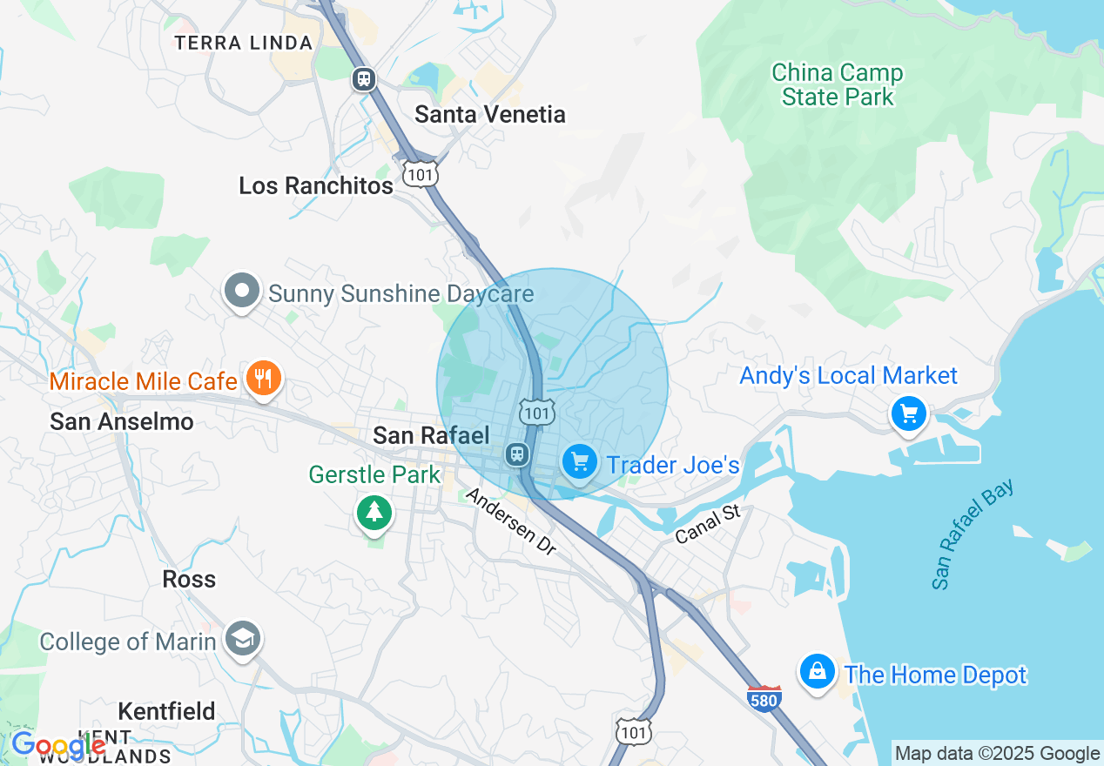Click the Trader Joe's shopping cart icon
(579, 461)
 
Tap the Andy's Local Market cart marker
(910, 413)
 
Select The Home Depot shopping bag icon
(818, 671)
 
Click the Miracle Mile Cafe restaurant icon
(261, 378)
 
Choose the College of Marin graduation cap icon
(243, 640)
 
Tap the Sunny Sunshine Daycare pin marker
(243, 291)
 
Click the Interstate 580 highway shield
(764, 698)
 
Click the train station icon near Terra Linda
(364, 79)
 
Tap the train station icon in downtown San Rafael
(517, 454)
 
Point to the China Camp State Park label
(837, 84)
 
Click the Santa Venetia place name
(489, 114)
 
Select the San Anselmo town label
(121, 422)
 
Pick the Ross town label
(189, 579)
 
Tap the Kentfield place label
(166, 711)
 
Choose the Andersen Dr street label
(510, 521)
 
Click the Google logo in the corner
(57, 745)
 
